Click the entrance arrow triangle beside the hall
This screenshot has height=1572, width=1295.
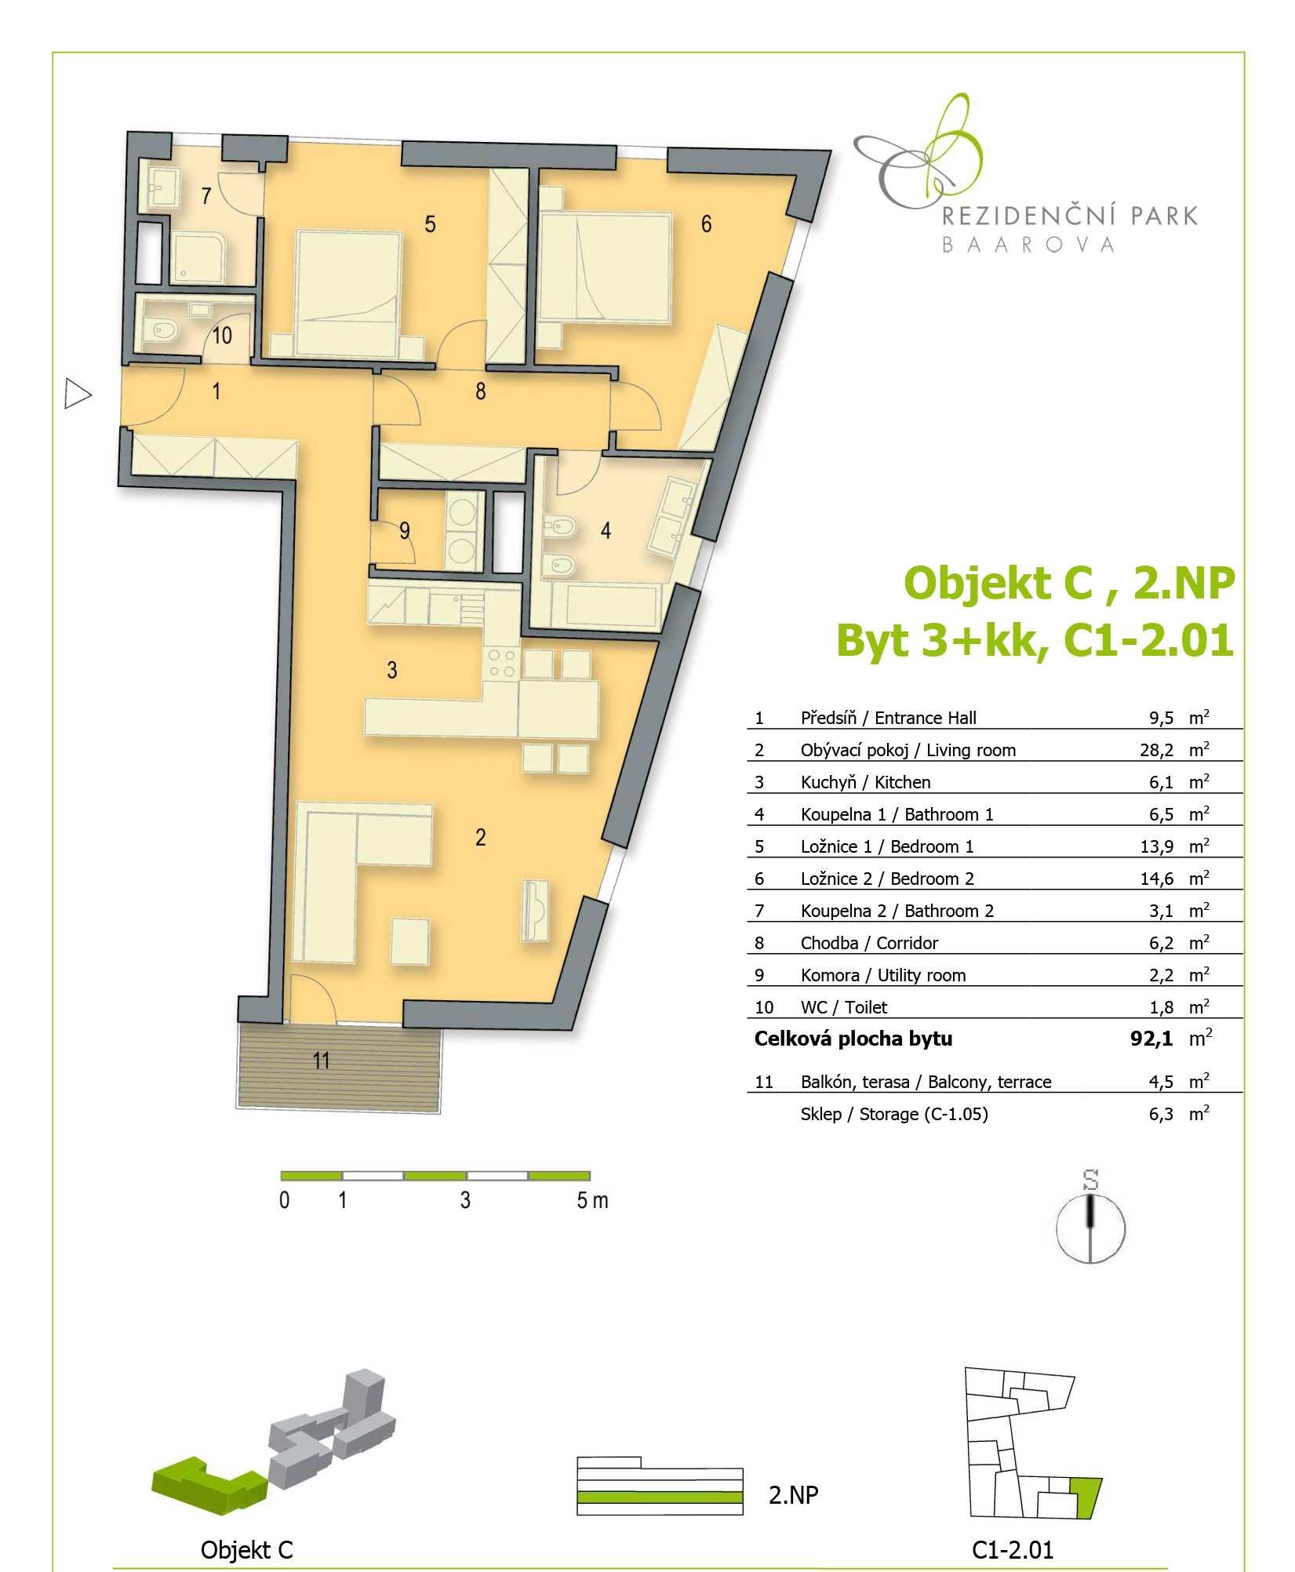pyautogui.click(x=76, y=394)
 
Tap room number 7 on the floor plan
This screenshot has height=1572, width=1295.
pyautogui.click(x=206, y=195)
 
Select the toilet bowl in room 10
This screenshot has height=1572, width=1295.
pyautogui.click(x=163, y=331)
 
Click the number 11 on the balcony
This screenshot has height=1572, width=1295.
pyautogui.click(x=322, y=1061)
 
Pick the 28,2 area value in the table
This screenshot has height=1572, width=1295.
pyautogui.click(x=1156, y=750)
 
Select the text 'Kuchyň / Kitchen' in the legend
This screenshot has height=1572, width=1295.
pyautogui.click(x=865, y=782)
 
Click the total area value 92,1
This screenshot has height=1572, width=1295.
pyautogui.click(x=1151, y=1039)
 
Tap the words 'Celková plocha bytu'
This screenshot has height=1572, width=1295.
pyautogui.click(x=853, y=1039)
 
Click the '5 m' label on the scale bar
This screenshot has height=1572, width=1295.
pyautogui.click(x=592, y=1201)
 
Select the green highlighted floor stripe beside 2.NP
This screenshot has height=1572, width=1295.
pyautogui.click(x=660, y=1497)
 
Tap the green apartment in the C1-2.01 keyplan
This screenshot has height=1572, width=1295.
pyautogui.click(x=1087, y=1497)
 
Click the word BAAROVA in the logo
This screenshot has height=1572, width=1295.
pyautogui.click(x=1028, y=245)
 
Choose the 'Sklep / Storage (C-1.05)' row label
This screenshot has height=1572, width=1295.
pyautogui.click(x=894, y=1114)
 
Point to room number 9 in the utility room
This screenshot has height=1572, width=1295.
pyautogui.click(x=405, y=531)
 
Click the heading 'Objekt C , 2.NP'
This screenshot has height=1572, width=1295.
pyautogui.click(x=1070, y=583)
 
